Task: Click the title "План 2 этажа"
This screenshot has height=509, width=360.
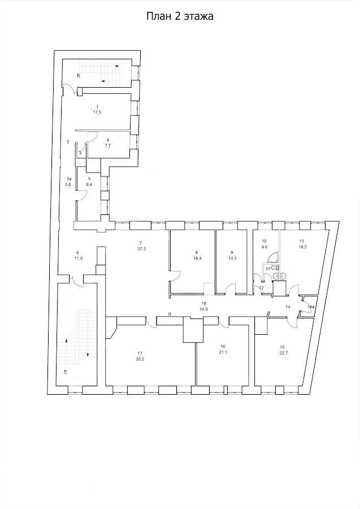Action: pyautogui.click(x=180, y=16)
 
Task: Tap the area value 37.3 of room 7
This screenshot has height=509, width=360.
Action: pyautogui.click(x=140, y=249)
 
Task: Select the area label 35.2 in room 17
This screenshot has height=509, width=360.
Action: pyautogui.click(x=140, y=359)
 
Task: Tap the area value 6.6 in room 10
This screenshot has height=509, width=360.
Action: pyautogui.click(x=264, y=247)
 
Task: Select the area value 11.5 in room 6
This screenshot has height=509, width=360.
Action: pyautogui.click(x=77, y=258)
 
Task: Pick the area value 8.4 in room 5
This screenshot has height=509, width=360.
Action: pyautogui.click(x=89, y=184)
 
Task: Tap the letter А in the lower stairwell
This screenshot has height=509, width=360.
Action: pyautogui.click(x=65, y=370)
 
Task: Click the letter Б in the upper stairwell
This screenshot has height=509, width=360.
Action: pyautogui.click(x=79, y=75)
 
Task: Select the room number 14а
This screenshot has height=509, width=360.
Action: pyautogui.click(x=311, y=307)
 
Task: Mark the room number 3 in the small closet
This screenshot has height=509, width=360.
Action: pyautogui.click(x=80, y=153)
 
